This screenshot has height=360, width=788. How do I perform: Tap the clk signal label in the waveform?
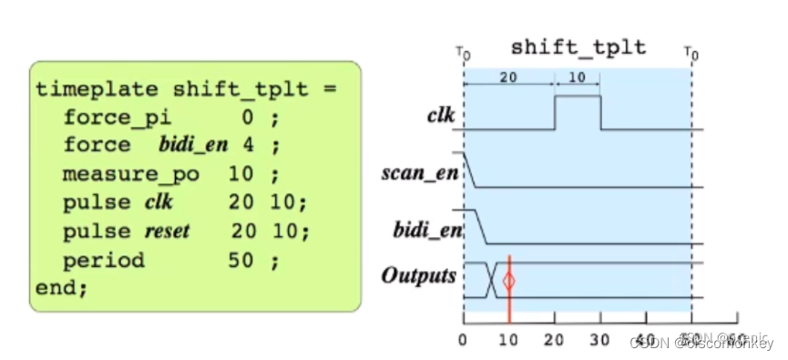[442, 116]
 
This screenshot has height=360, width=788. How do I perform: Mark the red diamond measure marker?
[509, 281]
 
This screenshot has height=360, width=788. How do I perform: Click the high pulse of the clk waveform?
[578, 97]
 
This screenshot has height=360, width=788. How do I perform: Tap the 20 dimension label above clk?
[509, 78]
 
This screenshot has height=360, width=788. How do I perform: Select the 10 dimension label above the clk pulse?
[578, 78]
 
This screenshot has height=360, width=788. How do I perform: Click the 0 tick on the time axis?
[464, 334]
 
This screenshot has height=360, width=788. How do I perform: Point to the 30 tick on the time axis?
[600, 334]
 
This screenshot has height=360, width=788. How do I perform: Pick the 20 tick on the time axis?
[555, 334]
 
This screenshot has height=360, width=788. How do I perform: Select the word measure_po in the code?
[129, 174]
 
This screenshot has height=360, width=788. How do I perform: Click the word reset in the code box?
[168, 231]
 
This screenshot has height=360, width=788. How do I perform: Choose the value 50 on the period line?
[239, 260]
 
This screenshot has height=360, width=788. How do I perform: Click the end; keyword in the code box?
[62, 288]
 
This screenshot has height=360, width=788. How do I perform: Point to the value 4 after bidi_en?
[248, 146]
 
